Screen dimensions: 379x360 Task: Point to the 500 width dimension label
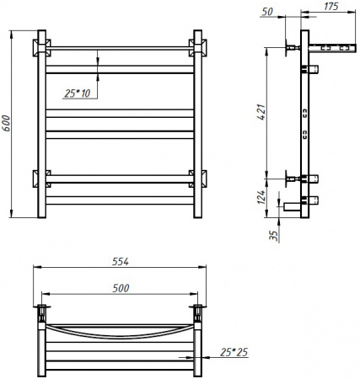click(120, 289)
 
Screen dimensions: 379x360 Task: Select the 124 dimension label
click(262, 197)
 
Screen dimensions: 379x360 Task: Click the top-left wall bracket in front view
click(40, 45)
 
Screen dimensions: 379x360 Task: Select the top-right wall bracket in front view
click(196, 45)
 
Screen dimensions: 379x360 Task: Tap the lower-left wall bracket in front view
click(40, 179)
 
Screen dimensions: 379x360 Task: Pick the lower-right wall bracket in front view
click(196, 179)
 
